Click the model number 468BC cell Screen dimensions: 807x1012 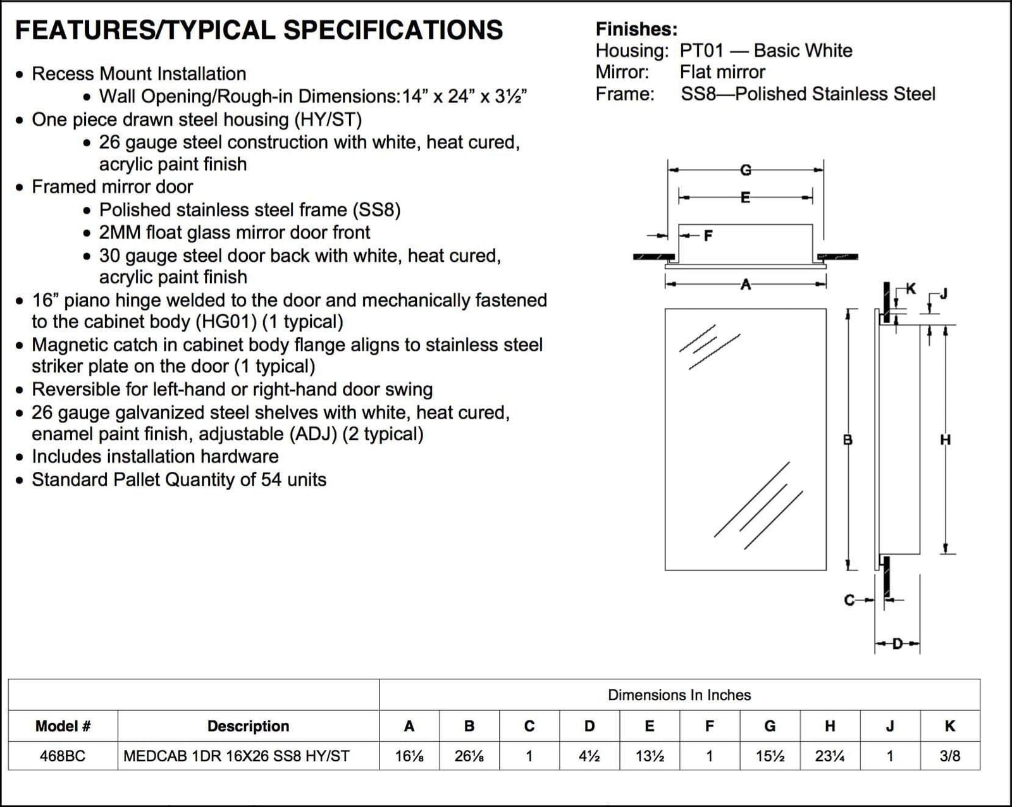62,756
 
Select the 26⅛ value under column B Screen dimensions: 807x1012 469,756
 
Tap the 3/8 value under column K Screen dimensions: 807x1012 949,756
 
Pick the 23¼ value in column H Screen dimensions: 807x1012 830,756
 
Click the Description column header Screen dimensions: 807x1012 248,726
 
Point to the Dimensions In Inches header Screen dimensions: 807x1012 679,695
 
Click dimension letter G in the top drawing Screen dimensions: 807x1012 746,170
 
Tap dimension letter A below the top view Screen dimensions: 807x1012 746,285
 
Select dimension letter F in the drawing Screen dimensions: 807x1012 708,236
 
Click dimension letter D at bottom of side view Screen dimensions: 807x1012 897,644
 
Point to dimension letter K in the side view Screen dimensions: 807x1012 911,289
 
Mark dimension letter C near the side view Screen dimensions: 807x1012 849,600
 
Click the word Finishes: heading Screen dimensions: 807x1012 636,29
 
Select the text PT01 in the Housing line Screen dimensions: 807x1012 701,51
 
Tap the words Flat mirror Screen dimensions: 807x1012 722,72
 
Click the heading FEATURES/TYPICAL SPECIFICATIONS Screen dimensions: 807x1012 259,30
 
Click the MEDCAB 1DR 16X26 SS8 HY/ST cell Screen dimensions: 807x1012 237,756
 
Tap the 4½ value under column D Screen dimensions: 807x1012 589,756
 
